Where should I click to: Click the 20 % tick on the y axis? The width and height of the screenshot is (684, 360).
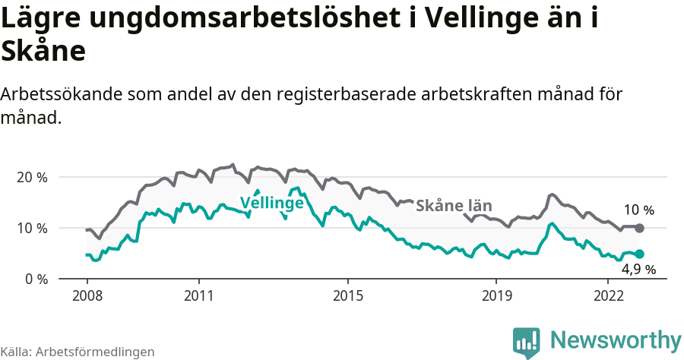32,177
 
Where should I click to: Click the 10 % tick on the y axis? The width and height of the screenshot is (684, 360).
32,228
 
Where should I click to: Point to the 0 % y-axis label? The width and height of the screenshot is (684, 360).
36,279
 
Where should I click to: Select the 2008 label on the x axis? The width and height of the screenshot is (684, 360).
87,295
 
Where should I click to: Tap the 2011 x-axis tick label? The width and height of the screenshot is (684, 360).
198,295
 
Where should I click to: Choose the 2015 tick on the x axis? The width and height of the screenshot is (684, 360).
347,295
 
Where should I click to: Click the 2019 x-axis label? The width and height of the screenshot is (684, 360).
496,295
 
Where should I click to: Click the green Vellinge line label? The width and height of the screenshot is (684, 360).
271,203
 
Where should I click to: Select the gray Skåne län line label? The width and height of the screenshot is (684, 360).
454,205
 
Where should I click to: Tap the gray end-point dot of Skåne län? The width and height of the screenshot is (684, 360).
639,228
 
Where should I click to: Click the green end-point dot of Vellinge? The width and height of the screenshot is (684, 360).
639,254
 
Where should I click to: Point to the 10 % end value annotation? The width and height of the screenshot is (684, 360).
638,210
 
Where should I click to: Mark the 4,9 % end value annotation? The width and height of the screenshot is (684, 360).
638,270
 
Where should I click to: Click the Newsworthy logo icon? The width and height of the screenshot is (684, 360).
526,341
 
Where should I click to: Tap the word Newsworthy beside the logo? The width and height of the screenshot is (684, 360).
616,339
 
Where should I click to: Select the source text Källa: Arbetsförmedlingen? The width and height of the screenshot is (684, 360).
78,352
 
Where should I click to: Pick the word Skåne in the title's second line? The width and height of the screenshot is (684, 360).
43,52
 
